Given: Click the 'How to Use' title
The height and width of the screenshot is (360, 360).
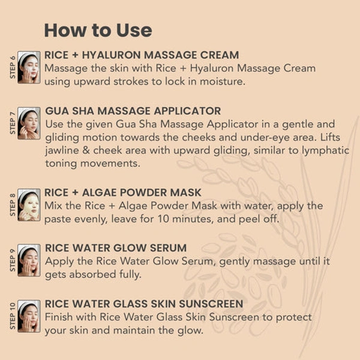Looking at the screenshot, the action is pos(98,31).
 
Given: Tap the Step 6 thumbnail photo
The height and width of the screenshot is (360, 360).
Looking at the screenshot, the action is pos(29,67).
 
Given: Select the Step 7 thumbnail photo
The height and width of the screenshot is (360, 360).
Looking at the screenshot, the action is pos(29,123).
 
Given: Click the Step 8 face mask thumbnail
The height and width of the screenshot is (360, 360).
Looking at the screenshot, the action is pos(29,205).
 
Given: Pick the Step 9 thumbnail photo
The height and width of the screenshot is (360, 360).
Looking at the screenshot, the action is pos(29,260).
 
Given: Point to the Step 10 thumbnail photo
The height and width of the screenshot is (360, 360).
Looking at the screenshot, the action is pos(29,316).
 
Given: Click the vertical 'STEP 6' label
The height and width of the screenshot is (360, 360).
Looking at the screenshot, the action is pos(13,67).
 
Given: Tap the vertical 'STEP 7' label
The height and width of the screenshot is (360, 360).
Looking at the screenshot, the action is pos(13,123).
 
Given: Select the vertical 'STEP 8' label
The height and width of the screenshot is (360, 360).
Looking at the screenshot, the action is pos(13,205).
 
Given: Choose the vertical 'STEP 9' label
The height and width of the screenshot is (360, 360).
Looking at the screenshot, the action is pos(13,260).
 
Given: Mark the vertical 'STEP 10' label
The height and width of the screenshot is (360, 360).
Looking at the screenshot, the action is pos(13,316).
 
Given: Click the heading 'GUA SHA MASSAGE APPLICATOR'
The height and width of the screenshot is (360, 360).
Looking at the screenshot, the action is pos(133,111).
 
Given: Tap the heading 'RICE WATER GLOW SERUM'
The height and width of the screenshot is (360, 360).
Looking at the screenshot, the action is pos(116,248).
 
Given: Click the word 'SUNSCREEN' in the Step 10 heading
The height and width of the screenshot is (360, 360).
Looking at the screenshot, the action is pos(211,304).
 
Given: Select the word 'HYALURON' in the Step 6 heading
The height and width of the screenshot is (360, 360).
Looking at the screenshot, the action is pos(112,55).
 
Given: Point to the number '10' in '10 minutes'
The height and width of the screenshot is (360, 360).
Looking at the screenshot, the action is pos(163,219).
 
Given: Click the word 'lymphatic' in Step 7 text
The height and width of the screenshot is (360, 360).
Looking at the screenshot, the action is pos(325,151).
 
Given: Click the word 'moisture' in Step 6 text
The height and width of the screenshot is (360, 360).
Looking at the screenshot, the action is pos(221,82).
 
